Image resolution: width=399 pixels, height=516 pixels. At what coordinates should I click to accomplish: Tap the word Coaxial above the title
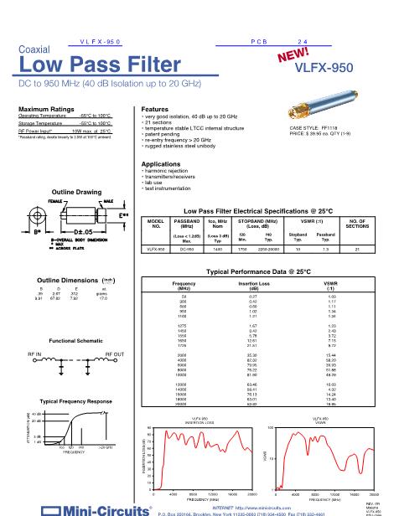[34, 49]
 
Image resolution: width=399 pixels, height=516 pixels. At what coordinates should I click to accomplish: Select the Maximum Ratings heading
[48, 109]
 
